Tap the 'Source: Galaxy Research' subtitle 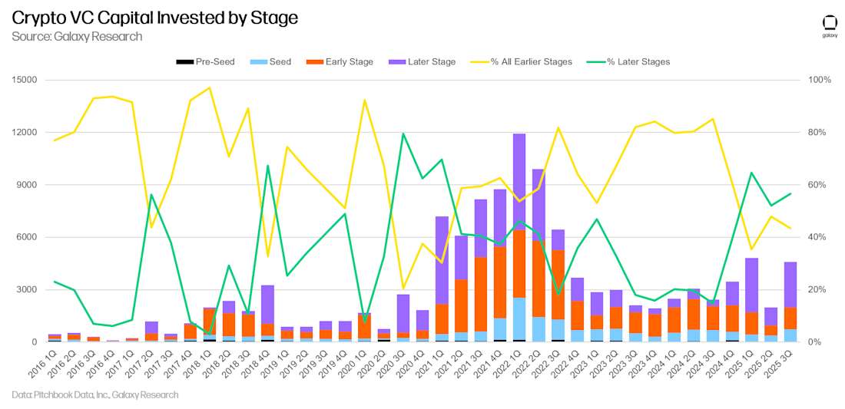point(77,36)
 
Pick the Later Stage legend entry point(422,61)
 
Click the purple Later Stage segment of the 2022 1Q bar point(520,181)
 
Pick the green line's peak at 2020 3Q point(403,134)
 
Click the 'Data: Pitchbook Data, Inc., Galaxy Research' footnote point(95,394)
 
